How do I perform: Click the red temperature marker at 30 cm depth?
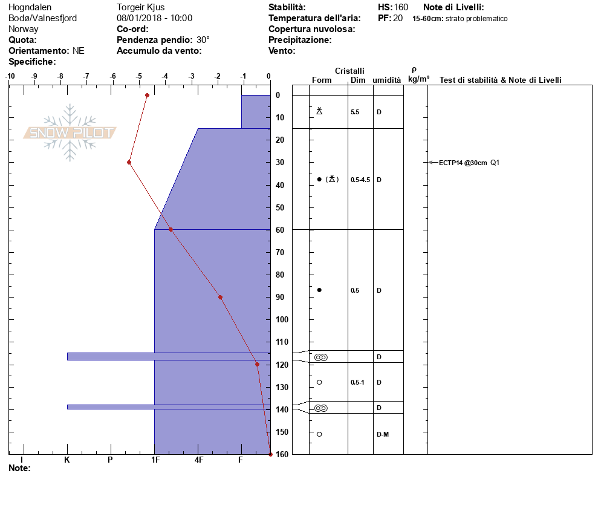point(129,163)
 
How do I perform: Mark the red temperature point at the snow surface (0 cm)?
point(147,95)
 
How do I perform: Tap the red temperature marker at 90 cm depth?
point(221,297)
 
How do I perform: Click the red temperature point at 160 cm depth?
point(270,454)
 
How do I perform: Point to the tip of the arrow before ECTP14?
point(429,163)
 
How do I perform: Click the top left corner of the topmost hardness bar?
point(241,95)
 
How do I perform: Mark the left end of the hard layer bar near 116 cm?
point(68,357)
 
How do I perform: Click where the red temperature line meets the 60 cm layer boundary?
point(171,230)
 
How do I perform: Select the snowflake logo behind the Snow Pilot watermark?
point(70,132)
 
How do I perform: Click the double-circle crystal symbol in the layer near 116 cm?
point(321,357)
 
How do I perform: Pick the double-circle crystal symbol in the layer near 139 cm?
point(321,408)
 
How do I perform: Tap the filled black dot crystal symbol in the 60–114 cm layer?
point(319,290)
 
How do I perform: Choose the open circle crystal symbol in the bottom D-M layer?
point(319,434)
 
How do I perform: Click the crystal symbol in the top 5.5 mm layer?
point(319,111)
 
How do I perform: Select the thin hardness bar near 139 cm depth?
point(169,407)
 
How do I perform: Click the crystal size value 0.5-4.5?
point(360,180)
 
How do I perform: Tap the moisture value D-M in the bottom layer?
point(383,434)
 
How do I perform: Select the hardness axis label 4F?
point(198,460)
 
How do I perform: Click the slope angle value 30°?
point(203,40)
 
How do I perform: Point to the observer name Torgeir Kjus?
point(141,7)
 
